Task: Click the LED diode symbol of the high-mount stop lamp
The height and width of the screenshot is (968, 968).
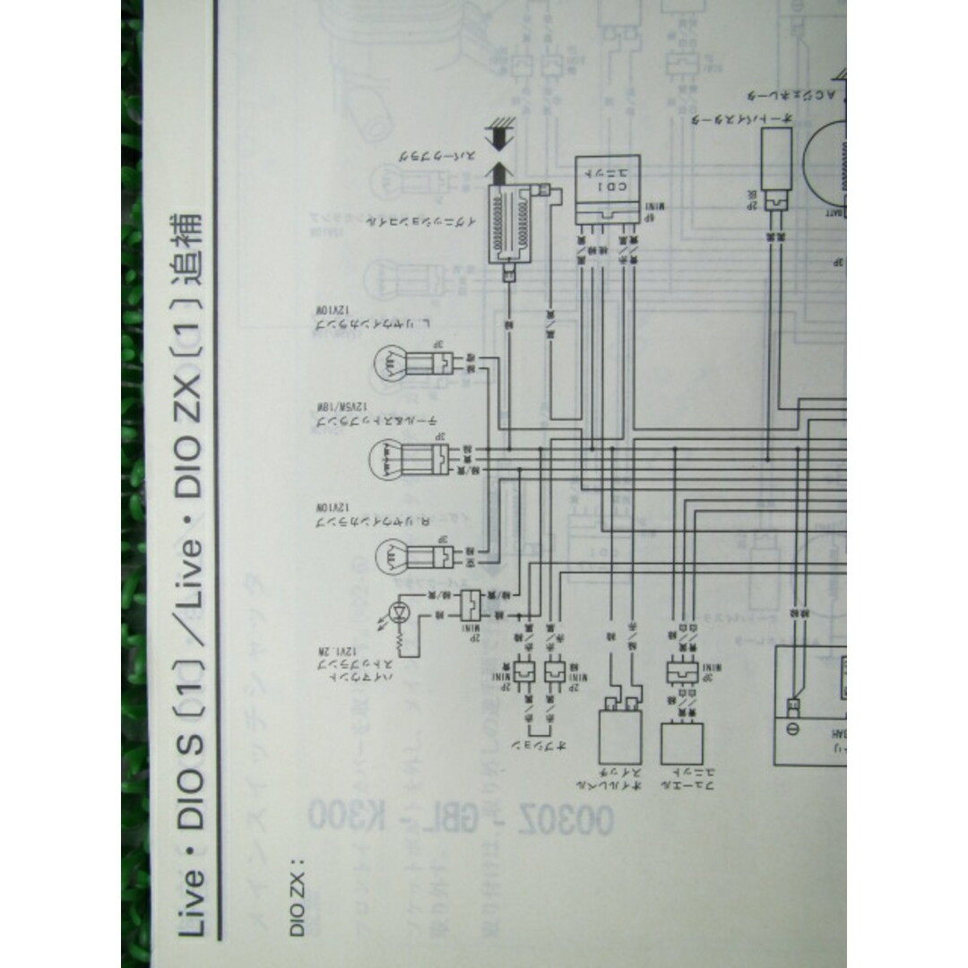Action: pos(400,615)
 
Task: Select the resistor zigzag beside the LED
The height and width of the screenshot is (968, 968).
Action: pos(412,639)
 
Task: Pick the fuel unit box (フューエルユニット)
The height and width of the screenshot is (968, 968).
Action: pos(682,743)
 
